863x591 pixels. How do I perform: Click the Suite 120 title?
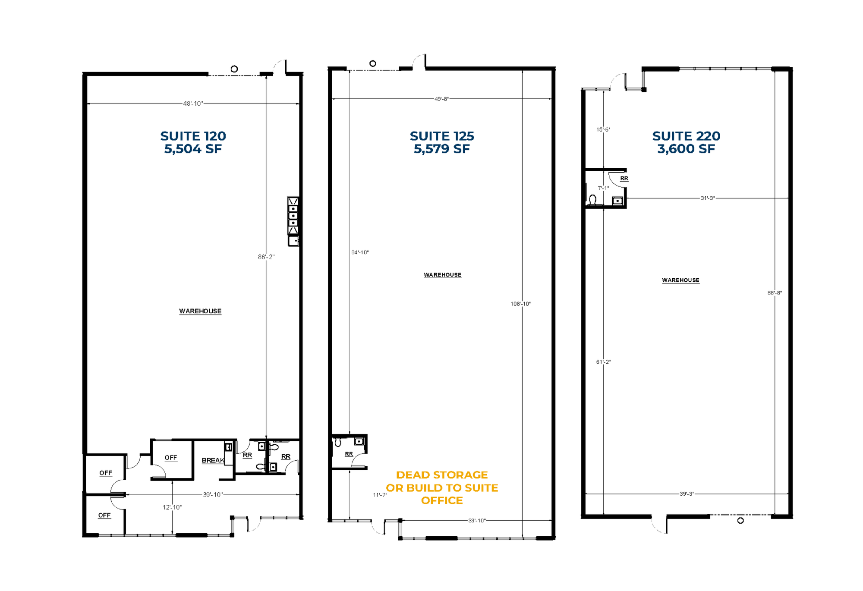193,136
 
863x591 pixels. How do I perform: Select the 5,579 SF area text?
442,149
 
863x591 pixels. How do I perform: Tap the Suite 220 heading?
686,136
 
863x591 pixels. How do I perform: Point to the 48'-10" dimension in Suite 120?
193,104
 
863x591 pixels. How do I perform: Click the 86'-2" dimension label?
266,257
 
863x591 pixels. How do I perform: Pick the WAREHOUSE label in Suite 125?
443,275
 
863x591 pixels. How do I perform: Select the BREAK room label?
213,460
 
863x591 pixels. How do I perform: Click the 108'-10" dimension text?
520,304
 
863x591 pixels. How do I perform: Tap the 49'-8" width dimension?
441,99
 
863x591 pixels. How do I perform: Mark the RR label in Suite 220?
624,178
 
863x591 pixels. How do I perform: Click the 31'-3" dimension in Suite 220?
708,198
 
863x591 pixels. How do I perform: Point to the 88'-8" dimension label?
775,292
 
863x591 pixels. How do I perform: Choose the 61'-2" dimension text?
603,362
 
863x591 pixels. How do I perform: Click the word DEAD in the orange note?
413,475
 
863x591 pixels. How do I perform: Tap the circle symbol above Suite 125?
373,63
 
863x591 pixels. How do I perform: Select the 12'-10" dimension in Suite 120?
172,507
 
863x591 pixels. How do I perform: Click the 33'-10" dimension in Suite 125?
477,521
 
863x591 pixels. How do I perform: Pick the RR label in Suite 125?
349,454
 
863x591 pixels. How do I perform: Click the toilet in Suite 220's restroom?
593,200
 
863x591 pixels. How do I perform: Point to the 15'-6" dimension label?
603,129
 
